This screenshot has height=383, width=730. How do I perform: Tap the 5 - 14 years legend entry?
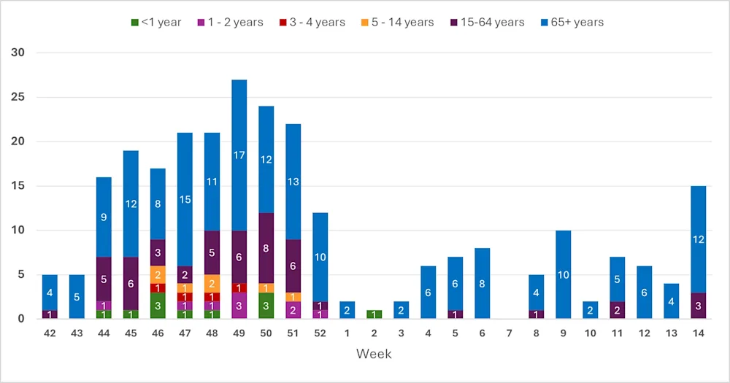397,22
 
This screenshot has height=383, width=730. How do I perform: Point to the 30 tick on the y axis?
18,53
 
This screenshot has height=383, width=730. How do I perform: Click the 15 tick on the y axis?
18,186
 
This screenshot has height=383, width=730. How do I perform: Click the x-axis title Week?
374,354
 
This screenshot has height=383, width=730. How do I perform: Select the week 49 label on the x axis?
239,333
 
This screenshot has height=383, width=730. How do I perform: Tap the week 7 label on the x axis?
509,333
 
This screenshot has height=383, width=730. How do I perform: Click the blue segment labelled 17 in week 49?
239,155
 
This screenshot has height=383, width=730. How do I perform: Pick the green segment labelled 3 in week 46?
158,306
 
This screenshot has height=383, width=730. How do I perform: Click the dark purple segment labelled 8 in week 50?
266,248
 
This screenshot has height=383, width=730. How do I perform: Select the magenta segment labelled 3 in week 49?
239,306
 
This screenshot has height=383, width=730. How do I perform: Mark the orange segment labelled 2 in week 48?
212,283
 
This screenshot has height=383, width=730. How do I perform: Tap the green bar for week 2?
374,314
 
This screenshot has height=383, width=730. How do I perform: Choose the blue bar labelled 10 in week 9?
563,274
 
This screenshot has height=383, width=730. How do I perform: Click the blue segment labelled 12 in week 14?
698,239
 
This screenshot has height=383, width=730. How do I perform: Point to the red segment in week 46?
158,287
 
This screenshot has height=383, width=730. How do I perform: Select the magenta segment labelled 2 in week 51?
293,310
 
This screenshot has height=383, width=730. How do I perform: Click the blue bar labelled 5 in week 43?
77,297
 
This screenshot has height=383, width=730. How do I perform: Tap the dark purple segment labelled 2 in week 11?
617,310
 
